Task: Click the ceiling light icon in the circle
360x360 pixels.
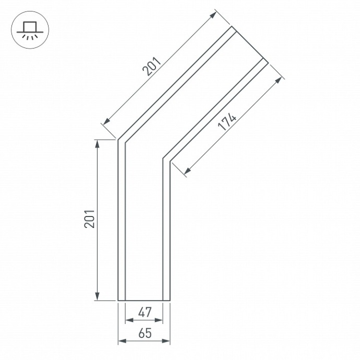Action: [x=30, y=30]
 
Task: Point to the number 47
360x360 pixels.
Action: [x=145, y=313]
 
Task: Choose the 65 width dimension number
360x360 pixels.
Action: [x=145, y=333]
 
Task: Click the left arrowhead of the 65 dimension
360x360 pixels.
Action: [x=121, y=341]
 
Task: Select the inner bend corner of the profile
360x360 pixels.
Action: [x=164, y=159]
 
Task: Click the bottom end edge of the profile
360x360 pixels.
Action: [x=144, y=301]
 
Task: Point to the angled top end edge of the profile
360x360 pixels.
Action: [x=250, y=44]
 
